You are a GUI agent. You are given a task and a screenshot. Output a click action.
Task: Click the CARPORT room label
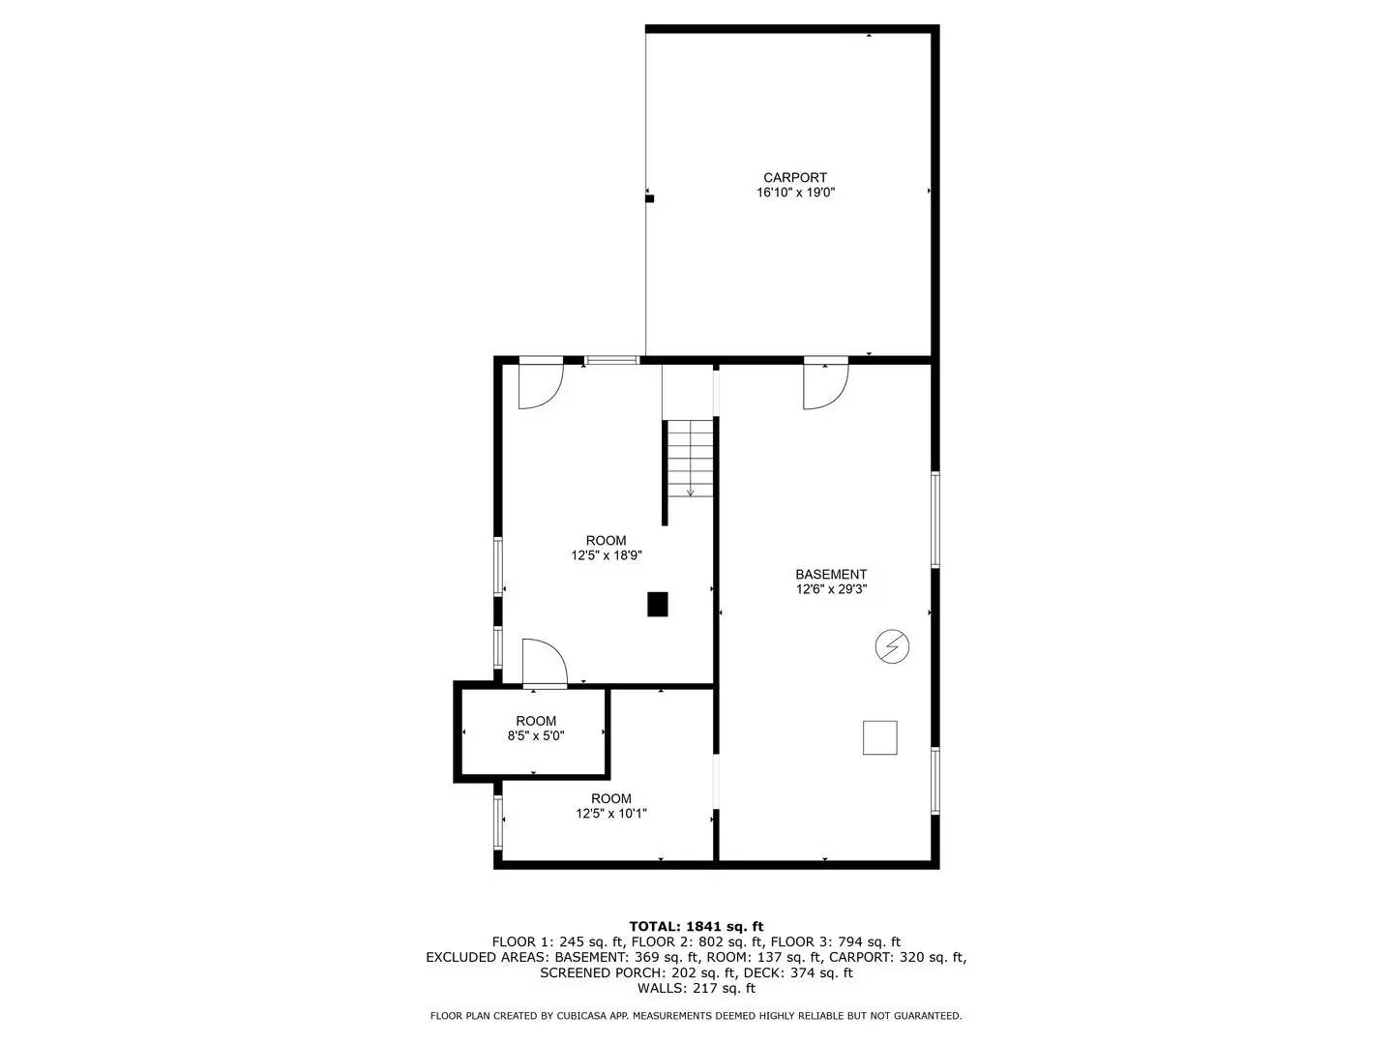click(x=794, y=177)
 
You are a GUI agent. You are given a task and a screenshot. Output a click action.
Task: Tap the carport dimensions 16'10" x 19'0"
click(x=794, y=193)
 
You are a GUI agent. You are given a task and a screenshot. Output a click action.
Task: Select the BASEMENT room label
click(x=831, y=574)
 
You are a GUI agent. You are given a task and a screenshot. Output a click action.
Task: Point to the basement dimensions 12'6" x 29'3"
click(x=831, y=589)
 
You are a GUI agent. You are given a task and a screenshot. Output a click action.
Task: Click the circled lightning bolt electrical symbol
click(x=892, y=646)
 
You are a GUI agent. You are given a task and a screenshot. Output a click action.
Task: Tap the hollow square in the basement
click(x=879, y=737)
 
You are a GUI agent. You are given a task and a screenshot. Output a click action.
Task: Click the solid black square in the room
click(x=658, y=604)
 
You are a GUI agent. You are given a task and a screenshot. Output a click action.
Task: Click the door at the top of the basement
click(x=825, y=384)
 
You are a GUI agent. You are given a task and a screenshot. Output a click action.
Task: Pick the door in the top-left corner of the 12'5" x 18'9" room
click(x=540, y=383)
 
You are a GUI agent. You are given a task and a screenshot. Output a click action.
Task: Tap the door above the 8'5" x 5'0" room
click(x=544, y=665)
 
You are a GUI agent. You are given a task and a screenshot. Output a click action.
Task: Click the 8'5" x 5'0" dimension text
click(x=536, y=735)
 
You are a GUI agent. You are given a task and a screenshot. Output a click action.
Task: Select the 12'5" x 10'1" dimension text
click(x=611, y=814)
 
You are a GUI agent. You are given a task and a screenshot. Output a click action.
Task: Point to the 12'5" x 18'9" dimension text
click(x=607, y=555)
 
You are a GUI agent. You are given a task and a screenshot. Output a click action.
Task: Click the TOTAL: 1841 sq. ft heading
click(x=696, y=926)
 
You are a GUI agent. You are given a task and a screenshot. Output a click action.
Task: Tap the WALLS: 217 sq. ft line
click(x=696, y=988)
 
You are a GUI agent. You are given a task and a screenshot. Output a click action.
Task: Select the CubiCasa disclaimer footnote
click(x=696, y=1016)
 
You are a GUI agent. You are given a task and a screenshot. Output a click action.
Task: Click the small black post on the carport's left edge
click(x=650, y=198)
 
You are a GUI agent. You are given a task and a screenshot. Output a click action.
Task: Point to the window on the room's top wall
click(x=611, y=361)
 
